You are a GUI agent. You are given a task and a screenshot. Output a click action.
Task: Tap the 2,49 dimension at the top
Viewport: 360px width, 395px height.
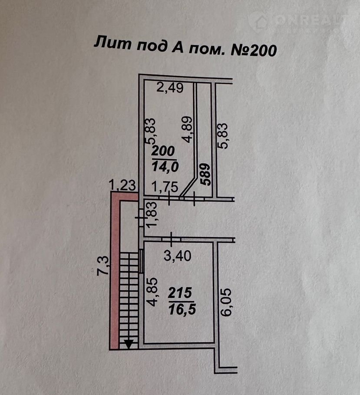(x=170, y=88)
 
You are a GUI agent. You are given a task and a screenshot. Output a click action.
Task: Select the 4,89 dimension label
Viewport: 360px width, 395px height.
(x=187, y=130)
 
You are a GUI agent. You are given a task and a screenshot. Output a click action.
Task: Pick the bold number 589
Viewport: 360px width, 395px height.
(x=206, y=174)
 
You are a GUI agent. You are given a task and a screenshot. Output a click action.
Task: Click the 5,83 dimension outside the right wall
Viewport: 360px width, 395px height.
(x=224, y=137)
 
